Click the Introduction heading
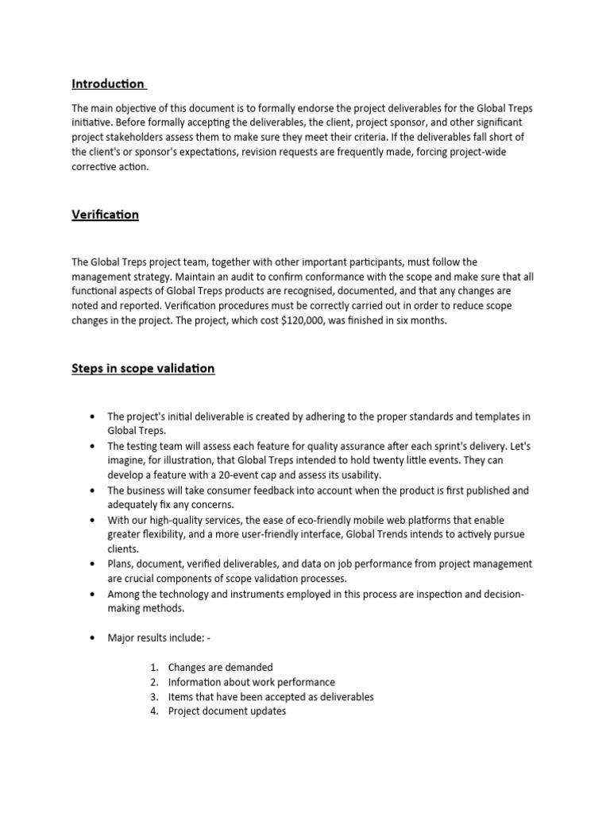[x=108, y=83]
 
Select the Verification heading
[x=105, y=215]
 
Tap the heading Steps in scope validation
[x=143, y=368]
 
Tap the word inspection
[x=417, y=594]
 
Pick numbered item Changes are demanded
[x=220, y=668]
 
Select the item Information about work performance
[x=251, y=682]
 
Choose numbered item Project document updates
[x=226, y=711]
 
